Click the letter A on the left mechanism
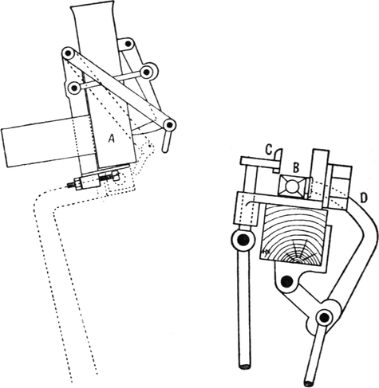click(x=112, y=138)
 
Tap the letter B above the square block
click(x=296, y=168)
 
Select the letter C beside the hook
click(x=269, y=151)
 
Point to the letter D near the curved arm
click(x=363, y=198)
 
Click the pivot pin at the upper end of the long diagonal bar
click(x=69, y=54)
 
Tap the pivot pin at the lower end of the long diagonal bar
click(x=169, y=124)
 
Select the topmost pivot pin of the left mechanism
click(x=128, y=43)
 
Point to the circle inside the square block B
click(x=291, y=186)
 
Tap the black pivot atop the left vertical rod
click(x=243, y=240)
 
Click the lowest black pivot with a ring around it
click(x=324, y=317)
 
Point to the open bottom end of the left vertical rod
click(x=244, y=366)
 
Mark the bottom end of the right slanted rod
click(x=310, y=382)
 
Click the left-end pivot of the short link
click(x=73, y=87)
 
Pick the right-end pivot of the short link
click(x=147, y=72)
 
